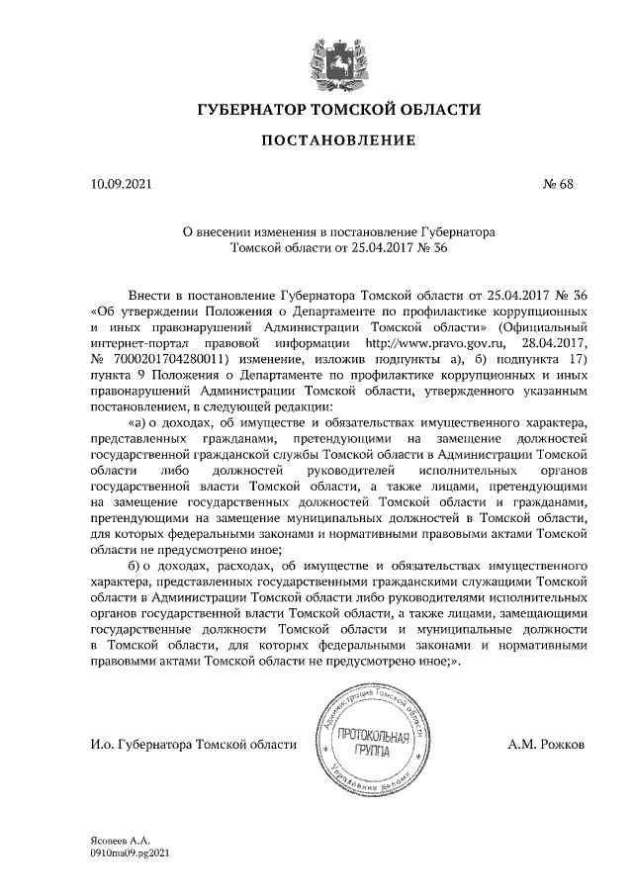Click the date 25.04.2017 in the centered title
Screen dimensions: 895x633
click(x=369, y=248)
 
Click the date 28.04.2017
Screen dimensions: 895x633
click(x=555, y=342)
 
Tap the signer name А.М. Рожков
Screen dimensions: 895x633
click(x=546, y=743)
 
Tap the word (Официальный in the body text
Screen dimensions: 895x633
click(x=544, y=326)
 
